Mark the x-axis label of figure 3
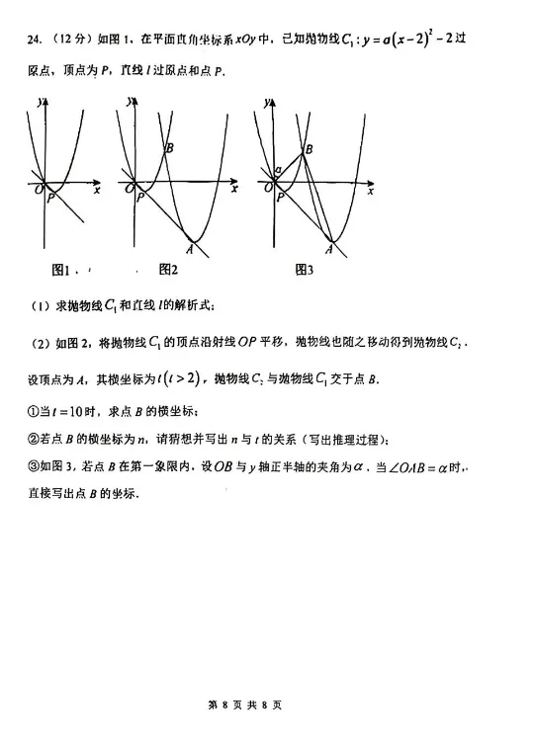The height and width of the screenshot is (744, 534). click(371, 191)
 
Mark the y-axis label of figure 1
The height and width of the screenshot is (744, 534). click(37, 102)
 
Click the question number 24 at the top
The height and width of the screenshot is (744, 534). click(35, 40)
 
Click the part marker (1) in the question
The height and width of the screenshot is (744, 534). click(40, 306)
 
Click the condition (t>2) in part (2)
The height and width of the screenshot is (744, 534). click(182, 376)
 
